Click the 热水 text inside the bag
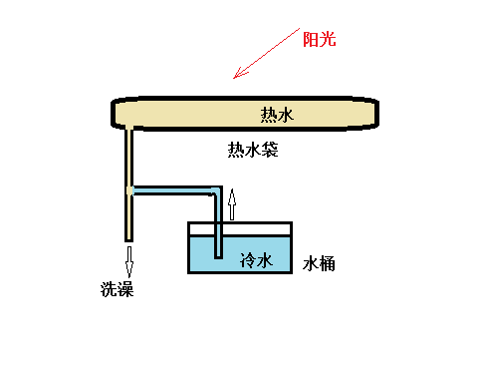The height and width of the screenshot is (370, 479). coord(278,115)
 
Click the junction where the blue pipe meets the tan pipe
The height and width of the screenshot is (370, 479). coord(129,189)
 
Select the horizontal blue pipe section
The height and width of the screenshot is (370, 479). coord(174,189)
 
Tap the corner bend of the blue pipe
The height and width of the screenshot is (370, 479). coord(217,189)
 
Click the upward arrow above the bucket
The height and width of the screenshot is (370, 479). coord(233,204)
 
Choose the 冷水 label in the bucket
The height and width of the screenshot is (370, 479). coord(256,260)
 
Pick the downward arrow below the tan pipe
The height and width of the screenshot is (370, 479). coord(129,260)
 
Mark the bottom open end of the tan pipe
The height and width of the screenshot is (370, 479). coord(129,238)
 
